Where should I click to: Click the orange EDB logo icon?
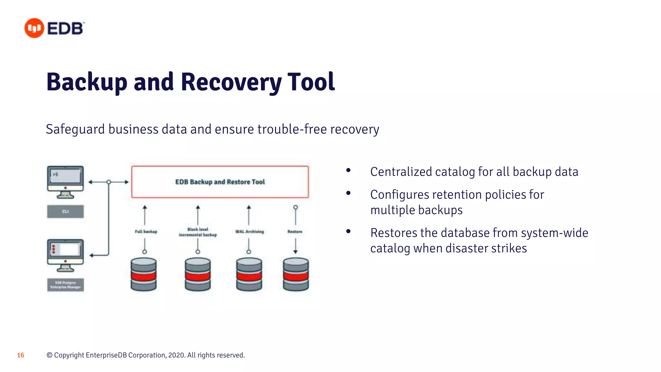pos(34,28)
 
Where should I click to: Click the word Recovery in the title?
pos(231,82)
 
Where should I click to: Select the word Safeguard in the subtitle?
pos(75,129)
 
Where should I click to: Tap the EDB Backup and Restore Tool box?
pos(220,182)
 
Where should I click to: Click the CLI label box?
pos(66,212)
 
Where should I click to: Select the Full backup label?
pos(146,232)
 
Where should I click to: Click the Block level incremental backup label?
pos(198,232)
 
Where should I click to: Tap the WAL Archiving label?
pos(249,232)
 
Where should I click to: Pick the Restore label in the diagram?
pos(295,232)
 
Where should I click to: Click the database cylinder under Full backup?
pos(144,274)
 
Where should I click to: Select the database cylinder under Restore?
pos(296,274)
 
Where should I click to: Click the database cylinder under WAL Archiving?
pos(249,274)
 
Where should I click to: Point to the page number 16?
pos(21,355)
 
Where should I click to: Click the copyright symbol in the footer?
pos(49,355)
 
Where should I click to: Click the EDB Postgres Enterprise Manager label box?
pos(66,285)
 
